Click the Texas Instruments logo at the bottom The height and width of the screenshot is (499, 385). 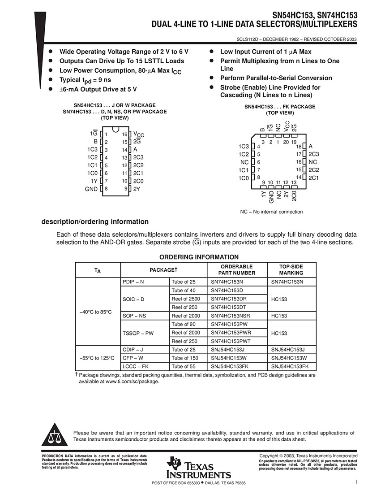(x=198, y=468)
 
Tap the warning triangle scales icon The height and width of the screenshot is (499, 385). (x=54, y=435)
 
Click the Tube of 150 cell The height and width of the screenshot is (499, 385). (x=184, y=358)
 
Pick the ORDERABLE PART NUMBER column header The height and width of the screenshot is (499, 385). (x=237, y=269)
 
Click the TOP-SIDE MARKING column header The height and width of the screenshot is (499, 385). (x=291, y=269)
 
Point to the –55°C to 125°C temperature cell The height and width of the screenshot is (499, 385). (x=98, y=358)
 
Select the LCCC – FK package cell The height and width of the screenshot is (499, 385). (x=136, y=366)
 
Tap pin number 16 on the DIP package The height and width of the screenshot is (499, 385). (x=125, y=134)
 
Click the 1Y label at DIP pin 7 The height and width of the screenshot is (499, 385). (x=94, y=181)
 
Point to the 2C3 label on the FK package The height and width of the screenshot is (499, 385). (x=313, y=154)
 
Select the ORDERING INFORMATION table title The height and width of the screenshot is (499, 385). (x=199, y=257)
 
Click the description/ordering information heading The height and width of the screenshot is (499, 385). (x=95, y=221)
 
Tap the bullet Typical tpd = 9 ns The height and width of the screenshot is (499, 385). (x=86, y=79)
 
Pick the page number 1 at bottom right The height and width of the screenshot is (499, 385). (x=356, y=482)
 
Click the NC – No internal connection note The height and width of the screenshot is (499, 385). (x=271, y=212)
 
